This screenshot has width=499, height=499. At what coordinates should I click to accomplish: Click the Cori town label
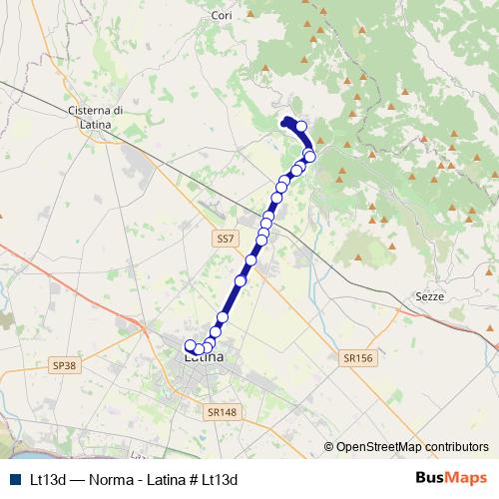click(222, 15)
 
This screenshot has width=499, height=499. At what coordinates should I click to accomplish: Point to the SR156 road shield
click(355, 356)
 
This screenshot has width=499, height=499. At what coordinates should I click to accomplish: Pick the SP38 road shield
click(64, 366)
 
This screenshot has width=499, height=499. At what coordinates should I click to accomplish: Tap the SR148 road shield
click(223, 410)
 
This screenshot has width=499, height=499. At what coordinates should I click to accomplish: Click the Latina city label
click(204, 356)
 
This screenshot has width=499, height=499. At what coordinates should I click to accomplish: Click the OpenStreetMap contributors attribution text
click(412, 446)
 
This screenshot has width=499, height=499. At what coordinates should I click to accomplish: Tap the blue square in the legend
click(13, 479)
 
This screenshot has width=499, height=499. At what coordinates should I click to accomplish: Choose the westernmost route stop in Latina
click(191, 345)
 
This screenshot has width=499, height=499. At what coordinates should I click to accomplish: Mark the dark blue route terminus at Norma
click(287, 122)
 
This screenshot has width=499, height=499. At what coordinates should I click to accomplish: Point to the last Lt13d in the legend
click(221, 479)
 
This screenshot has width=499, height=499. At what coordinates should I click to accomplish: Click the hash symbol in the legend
click(192, 479)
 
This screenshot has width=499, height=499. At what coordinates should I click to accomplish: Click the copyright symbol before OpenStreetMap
click(330, 446)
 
